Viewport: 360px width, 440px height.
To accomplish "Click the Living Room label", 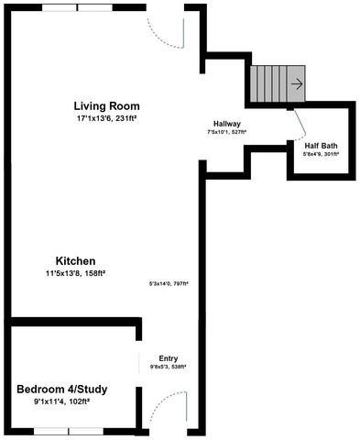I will [x=105, y=104].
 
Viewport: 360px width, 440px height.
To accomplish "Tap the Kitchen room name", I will [x=74, y=260].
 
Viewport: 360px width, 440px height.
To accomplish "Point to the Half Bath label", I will [x=321, y=144].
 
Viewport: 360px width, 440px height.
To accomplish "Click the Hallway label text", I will [x=227, y=124].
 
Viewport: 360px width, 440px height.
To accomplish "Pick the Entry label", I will [x=169, y=357].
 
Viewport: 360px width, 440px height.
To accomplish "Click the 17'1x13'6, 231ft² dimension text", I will [x=105, y=118].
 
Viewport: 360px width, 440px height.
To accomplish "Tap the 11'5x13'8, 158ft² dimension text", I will [x=76, y=273].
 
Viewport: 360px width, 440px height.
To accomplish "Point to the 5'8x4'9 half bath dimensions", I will [x=321, y=154].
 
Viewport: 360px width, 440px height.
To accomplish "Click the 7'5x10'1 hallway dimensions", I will [x=227, y=133].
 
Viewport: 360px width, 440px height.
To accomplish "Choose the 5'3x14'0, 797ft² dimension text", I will [x=169, y=284].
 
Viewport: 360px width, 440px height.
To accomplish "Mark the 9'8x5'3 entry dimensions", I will [x=169, y=367].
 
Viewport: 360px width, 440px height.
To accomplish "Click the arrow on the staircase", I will [x=296, y=83].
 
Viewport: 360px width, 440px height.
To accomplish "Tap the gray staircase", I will [x=272, y=83].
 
